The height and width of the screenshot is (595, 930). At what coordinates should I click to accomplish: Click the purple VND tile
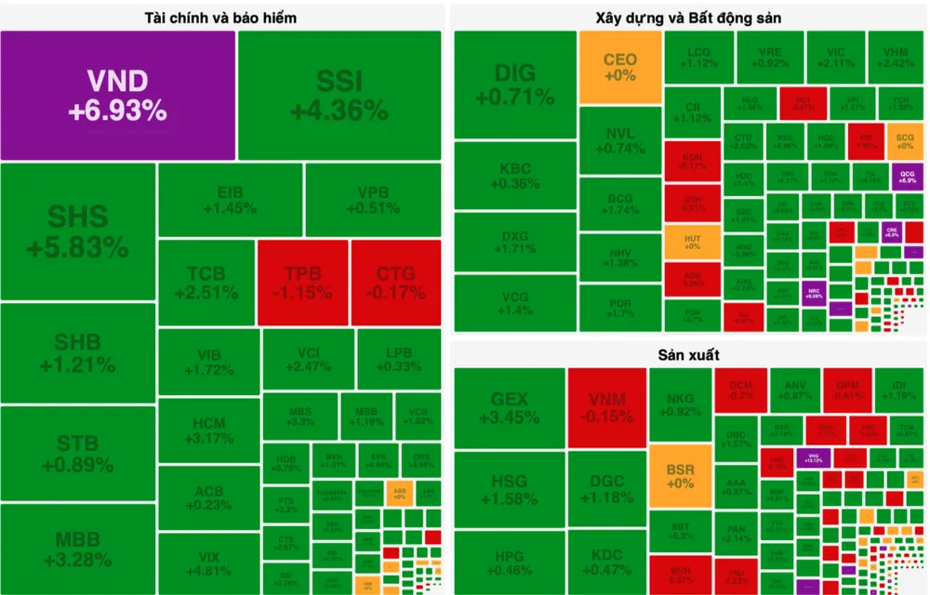coord(117,95)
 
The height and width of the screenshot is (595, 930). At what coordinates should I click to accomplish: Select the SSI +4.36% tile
coord(339,95)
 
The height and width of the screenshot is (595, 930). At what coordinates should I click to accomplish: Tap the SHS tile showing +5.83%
coord(77,231)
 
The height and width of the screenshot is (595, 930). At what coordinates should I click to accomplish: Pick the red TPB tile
coord(302,283)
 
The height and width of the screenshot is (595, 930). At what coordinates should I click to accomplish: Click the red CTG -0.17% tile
coord(396,283)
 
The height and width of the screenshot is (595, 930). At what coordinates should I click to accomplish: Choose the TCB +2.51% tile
coord(206,283)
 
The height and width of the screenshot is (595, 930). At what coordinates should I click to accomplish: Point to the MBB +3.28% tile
coord(77,549)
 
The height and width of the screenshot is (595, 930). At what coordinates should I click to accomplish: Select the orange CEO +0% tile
coord(619,67)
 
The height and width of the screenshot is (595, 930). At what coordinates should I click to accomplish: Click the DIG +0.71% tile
coord(514,84)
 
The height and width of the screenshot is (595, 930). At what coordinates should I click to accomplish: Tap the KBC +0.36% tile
coord(514,176)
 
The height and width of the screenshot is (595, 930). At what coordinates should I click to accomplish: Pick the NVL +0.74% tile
coord(619,140)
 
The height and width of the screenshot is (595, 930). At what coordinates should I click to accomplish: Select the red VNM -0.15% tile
coord(606,407)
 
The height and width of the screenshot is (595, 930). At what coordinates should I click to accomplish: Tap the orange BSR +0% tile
coord(680,475)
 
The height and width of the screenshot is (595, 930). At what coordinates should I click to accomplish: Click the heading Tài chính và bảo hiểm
coord(221,18)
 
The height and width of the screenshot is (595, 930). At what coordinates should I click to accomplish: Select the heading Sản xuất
coord(688,354)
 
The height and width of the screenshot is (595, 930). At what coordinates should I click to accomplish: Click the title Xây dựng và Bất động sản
coord(688,18)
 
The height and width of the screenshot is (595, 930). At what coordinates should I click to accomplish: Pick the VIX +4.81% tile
coord(208,563)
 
